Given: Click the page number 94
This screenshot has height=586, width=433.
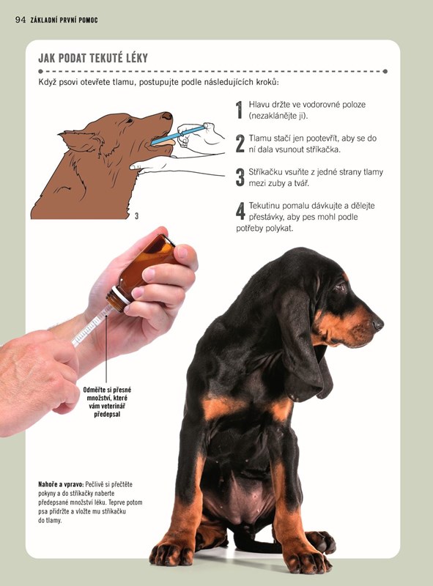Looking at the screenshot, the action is [21, 20].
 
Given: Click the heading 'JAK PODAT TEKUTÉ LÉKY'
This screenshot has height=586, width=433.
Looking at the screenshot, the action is [93, 58].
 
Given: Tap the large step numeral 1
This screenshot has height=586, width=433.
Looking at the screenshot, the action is [240, 110].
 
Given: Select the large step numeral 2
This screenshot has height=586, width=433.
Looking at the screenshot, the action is [240, 144].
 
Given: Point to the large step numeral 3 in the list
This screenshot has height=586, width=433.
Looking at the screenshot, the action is [240, 177].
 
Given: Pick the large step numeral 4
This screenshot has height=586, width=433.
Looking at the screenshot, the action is [240, 211].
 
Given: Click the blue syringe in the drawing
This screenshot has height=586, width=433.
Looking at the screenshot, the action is [178, 136].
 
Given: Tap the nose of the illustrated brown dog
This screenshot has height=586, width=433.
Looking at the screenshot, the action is [167, 116].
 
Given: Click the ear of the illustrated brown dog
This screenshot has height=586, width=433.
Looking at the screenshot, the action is [79, 140].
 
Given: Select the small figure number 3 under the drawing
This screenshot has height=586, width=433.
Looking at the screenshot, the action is [136, 216].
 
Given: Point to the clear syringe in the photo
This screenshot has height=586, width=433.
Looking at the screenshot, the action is [92, 326].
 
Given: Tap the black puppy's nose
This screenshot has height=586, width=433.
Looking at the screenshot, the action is [378, 324].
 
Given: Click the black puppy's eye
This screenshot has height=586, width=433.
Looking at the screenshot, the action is [340, 287].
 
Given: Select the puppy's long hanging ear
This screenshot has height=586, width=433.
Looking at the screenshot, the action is [305, 344].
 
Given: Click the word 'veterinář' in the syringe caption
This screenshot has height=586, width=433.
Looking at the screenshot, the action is [113, 407].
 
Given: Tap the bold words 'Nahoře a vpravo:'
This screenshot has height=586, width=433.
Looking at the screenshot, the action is [61, 484].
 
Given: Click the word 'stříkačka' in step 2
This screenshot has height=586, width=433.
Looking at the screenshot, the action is [323, 149].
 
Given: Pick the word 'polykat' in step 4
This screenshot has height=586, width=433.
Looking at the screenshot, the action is [279, 229].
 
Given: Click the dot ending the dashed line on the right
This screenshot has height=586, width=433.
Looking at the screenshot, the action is [385, 71].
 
